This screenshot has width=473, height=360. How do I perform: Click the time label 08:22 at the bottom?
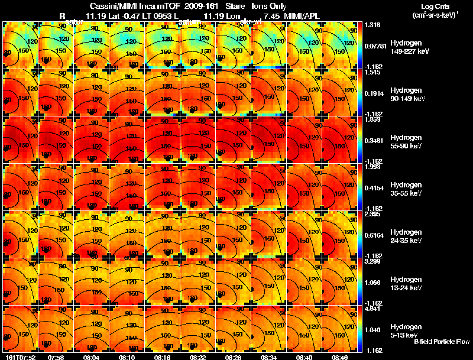198,357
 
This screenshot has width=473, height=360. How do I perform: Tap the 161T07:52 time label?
19,357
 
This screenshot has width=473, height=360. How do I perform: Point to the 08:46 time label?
339,357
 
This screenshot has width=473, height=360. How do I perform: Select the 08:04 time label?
92,357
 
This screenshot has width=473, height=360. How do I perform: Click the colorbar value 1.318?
372,25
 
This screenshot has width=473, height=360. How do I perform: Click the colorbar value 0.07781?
374,45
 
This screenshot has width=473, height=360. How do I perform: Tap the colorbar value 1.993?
372,167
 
